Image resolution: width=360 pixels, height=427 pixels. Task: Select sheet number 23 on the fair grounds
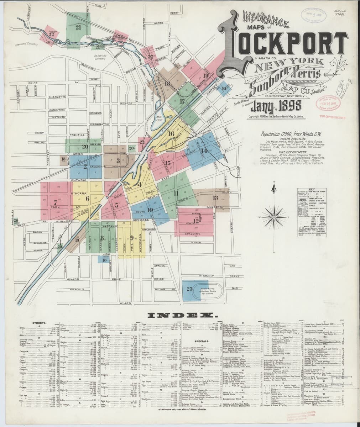point(189,288)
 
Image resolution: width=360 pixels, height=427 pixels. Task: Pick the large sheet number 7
point(56,201)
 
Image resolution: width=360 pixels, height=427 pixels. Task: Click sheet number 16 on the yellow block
point(171,134)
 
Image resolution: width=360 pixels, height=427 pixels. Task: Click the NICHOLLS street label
point(77,289)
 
